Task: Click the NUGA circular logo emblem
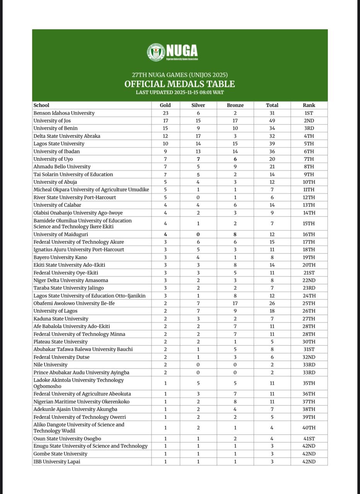156,52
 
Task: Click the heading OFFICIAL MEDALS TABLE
180,84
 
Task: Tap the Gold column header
165,105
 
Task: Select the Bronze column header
235,105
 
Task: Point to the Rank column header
309,105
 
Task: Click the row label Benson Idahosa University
64,113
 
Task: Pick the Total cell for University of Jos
272,121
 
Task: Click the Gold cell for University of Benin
165,128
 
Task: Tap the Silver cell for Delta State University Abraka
198,136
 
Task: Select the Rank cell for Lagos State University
309,144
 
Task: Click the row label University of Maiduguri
61,234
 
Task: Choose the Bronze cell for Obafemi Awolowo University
235,303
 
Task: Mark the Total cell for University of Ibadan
272,151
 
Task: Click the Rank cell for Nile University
309,365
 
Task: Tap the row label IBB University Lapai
57,462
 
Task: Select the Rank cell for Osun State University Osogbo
309,438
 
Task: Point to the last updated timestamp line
180,93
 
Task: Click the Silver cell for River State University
198,197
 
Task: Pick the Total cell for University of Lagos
272,311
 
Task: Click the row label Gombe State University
60,454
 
